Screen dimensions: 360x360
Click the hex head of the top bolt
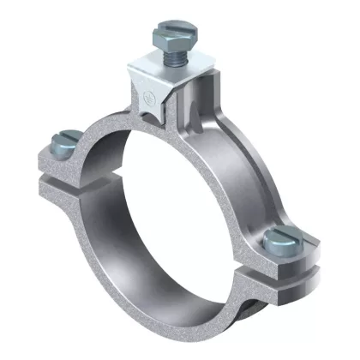pyautogui.click(x=167, y=39)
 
